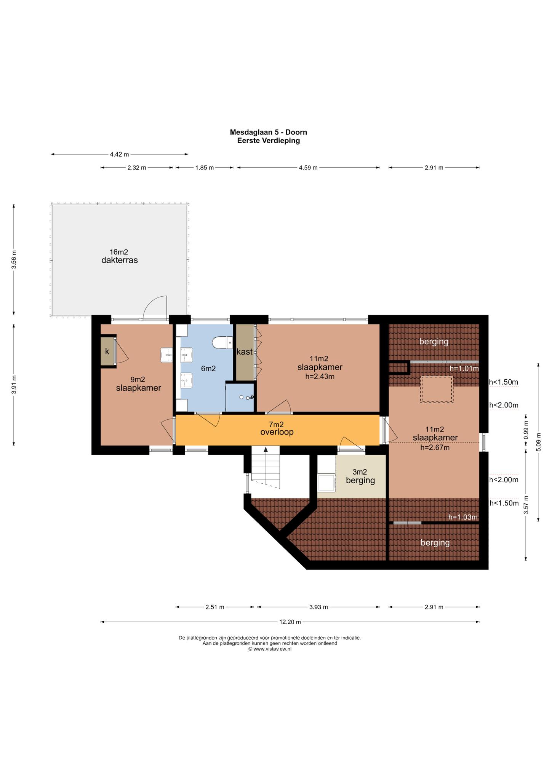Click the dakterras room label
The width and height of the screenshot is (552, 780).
pos(119,261)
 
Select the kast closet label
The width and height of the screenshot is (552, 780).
pos(245,352)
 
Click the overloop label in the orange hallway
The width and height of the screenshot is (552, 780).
pos(277,432)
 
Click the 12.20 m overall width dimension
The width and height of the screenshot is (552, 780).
pos(290,622)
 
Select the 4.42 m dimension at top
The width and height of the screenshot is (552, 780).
pos(119,154)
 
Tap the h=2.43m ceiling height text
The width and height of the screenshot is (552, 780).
pos(320,377)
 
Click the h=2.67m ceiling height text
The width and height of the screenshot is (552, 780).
pos(435,448)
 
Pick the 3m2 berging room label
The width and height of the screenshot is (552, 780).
pos(360,476)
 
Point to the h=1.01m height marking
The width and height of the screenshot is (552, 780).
pos(464,368)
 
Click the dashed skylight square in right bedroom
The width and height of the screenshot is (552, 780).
pos(437,389)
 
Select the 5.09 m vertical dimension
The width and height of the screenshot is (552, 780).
pos(538,442)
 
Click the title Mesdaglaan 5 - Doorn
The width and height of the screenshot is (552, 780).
pos(268,132)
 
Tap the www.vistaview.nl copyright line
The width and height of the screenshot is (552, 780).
pos(270,649)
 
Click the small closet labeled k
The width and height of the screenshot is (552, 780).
pos(107,351)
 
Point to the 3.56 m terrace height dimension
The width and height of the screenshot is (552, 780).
pos(14,260)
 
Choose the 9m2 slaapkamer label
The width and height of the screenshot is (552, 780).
pos(138,384)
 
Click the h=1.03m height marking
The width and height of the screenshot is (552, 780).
pos(463,517)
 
